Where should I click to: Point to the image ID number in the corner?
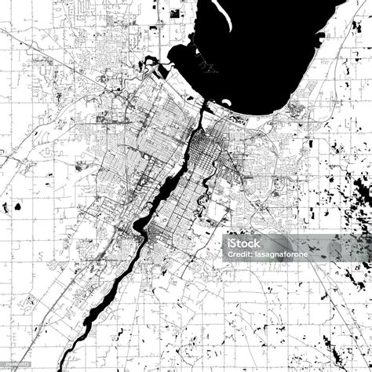click(17, 364)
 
